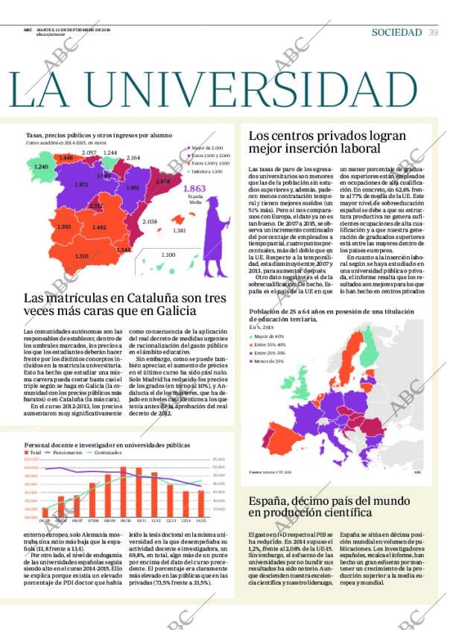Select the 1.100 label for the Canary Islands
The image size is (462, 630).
pos(168,255)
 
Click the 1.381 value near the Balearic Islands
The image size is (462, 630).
pos(179,231)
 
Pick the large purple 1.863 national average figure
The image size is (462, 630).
pos(194,190)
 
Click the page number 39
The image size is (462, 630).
pos(433,32)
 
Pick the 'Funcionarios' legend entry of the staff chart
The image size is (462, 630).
pos(67,452)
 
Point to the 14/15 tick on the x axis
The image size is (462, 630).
pos(200,521)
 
